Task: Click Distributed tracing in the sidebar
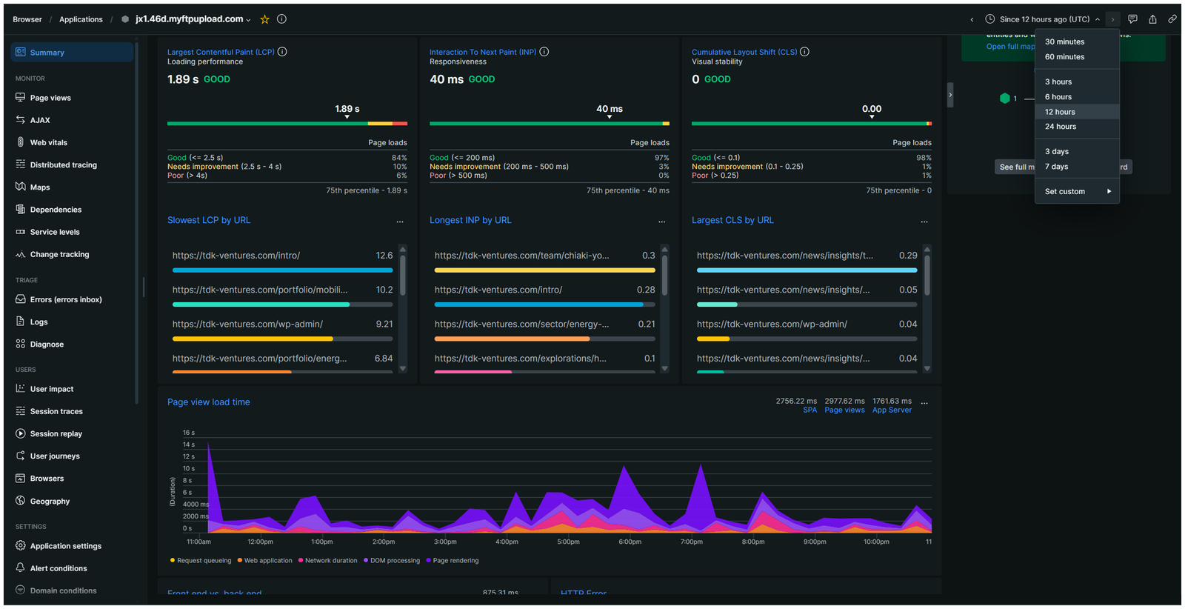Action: coord(63,164)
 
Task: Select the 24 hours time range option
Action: coord(1061,127)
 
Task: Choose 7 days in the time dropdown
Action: coord(1056,167)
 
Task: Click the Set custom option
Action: coord(1065,191)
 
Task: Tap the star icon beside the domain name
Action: coord(264,19)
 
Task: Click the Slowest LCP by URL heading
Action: coord(209,220)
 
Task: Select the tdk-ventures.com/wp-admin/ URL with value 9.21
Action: coord(247,324)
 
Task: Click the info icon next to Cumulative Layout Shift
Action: coord(804,52)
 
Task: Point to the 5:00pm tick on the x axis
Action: coord(568,542)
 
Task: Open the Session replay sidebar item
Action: coord(56,433)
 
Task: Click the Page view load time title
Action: coord(209,402)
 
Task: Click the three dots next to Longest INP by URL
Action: coord(662,222)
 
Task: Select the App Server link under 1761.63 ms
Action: coord(892,410)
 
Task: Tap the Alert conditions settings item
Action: coord(59,568)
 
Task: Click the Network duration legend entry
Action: coord(330,561)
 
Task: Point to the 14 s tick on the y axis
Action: coord(189,445)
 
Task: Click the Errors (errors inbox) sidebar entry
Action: coord(65,299)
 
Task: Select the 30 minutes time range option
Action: coord(1064,42)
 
